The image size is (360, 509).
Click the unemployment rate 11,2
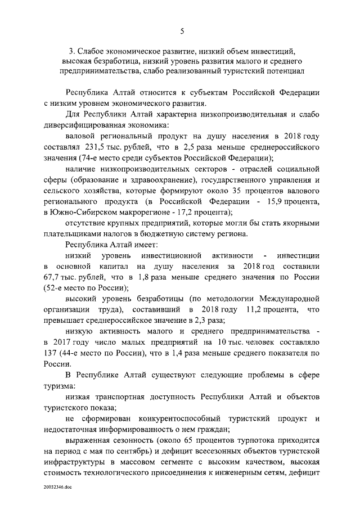[x=256, y=310]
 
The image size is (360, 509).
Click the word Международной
[x=287, y=299]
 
